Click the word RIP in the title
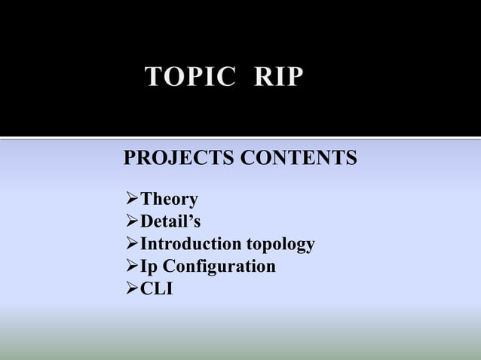280,78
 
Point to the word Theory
170,200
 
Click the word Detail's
171,222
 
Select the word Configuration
219,267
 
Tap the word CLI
157,288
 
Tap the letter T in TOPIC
154,78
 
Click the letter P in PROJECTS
128,160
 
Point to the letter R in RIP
264,78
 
